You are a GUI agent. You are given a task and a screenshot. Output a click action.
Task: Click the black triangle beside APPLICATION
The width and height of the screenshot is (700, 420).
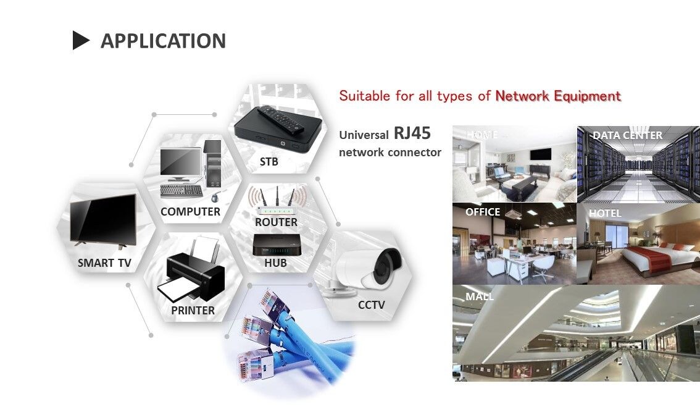81,41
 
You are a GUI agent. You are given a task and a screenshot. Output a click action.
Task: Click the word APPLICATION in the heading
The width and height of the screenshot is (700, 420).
163,41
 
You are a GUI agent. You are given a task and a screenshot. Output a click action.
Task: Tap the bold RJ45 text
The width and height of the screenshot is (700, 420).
412,133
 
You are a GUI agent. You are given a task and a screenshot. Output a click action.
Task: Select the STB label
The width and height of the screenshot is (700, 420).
269,162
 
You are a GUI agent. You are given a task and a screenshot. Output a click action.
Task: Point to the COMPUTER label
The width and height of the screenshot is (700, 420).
190,212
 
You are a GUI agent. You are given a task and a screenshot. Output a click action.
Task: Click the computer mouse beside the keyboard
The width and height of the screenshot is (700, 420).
215,198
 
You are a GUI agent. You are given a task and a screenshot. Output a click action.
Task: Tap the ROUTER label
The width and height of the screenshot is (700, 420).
276,222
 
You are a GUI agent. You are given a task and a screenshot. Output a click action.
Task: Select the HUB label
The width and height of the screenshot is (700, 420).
275,263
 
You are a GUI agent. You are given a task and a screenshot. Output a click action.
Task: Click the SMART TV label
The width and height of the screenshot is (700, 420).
104,263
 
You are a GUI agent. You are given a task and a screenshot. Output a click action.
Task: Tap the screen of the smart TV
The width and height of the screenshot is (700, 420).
102,220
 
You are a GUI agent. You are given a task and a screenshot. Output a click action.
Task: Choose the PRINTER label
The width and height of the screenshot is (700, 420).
193,311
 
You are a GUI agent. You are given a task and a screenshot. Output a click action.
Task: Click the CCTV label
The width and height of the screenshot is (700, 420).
371,304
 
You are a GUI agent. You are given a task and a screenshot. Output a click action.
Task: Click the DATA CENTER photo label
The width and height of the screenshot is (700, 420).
627,135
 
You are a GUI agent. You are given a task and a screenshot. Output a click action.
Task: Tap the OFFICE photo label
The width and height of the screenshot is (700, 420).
483,212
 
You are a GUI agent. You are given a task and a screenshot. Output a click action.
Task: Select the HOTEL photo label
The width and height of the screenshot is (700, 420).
605,213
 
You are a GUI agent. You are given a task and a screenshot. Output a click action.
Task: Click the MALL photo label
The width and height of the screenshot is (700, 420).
480,296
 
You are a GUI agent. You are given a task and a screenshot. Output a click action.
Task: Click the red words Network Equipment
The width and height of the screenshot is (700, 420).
558,96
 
